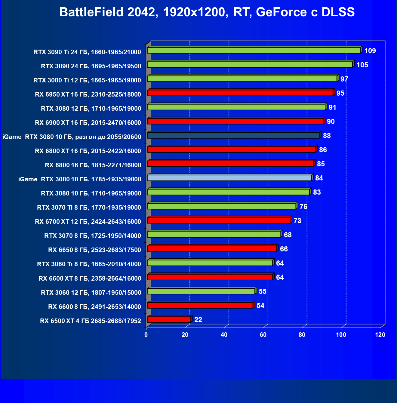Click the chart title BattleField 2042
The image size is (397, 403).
pyautogui.click(x=207, y=12)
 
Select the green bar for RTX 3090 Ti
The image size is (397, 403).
pyautogui.click(x=254, y=51)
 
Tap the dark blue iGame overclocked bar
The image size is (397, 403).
pyautogui.click(x=233, y=136)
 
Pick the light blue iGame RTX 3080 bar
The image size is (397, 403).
pyautogui.click(x=229, y=178)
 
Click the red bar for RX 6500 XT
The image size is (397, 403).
pyautogui.click(x=169, y=320)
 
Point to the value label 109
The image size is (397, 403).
pyautogui.click(x=370, y=51)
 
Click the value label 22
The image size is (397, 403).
pyautogui.click(x=198, y=320)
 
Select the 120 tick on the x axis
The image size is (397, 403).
pyautogui.click(x=380, y=335)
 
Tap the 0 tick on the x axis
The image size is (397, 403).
pyautogui.click(x=146, y=335)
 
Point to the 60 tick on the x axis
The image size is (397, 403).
pyautogui.click(x=263, y=335)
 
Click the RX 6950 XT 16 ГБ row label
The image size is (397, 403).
pyautogui.click(x=88, y=94)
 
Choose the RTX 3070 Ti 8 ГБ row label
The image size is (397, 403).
pyautogui.click(x=89, y=208)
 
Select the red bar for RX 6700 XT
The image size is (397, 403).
pyautogui.click(x=219, y=220)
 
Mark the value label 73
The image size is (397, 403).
pyautogui.click(x=297, y=221)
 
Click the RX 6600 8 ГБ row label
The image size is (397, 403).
pyautogui.click(x=94, y=307)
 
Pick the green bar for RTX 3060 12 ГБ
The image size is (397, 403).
pyautogui.click(x=201, y=291)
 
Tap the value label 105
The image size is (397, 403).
pyautogui.click(x=362, y=65)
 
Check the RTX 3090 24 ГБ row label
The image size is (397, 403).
pyautogui.click(x=91, y=66)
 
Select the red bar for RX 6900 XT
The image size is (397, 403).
pyautogui.click(x=235, y=121)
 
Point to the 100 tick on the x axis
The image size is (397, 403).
pyautogui.click(x=341, y=335)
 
